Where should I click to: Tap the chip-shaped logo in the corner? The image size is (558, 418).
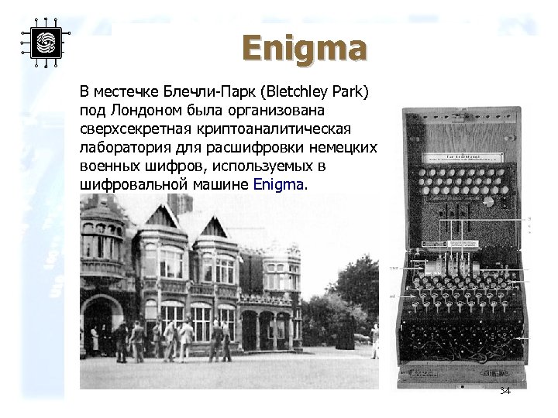coord(44,42)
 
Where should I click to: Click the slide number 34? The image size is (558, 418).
coord(505,391)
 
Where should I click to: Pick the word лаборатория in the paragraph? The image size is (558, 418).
coord(125,148)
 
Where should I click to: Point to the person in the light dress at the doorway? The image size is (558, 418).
coord(94,338)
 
